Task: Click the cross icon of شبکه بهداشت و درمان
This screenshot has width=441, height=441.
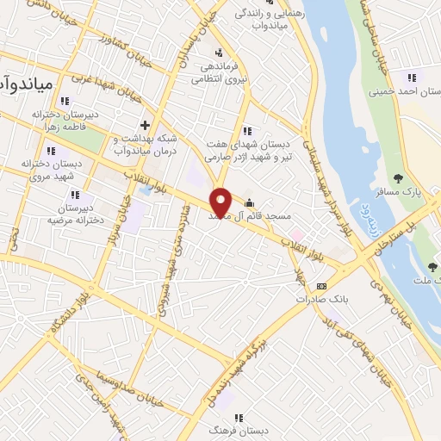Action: pos(146,125)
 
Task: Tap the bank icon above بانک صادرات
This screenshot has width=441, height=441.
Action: pos(321,286)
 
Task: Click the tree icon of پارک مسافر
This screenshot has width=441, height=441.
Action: pos(397,178)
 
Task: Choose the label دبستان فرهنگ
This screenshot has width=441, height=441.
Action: pos(238,428)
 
